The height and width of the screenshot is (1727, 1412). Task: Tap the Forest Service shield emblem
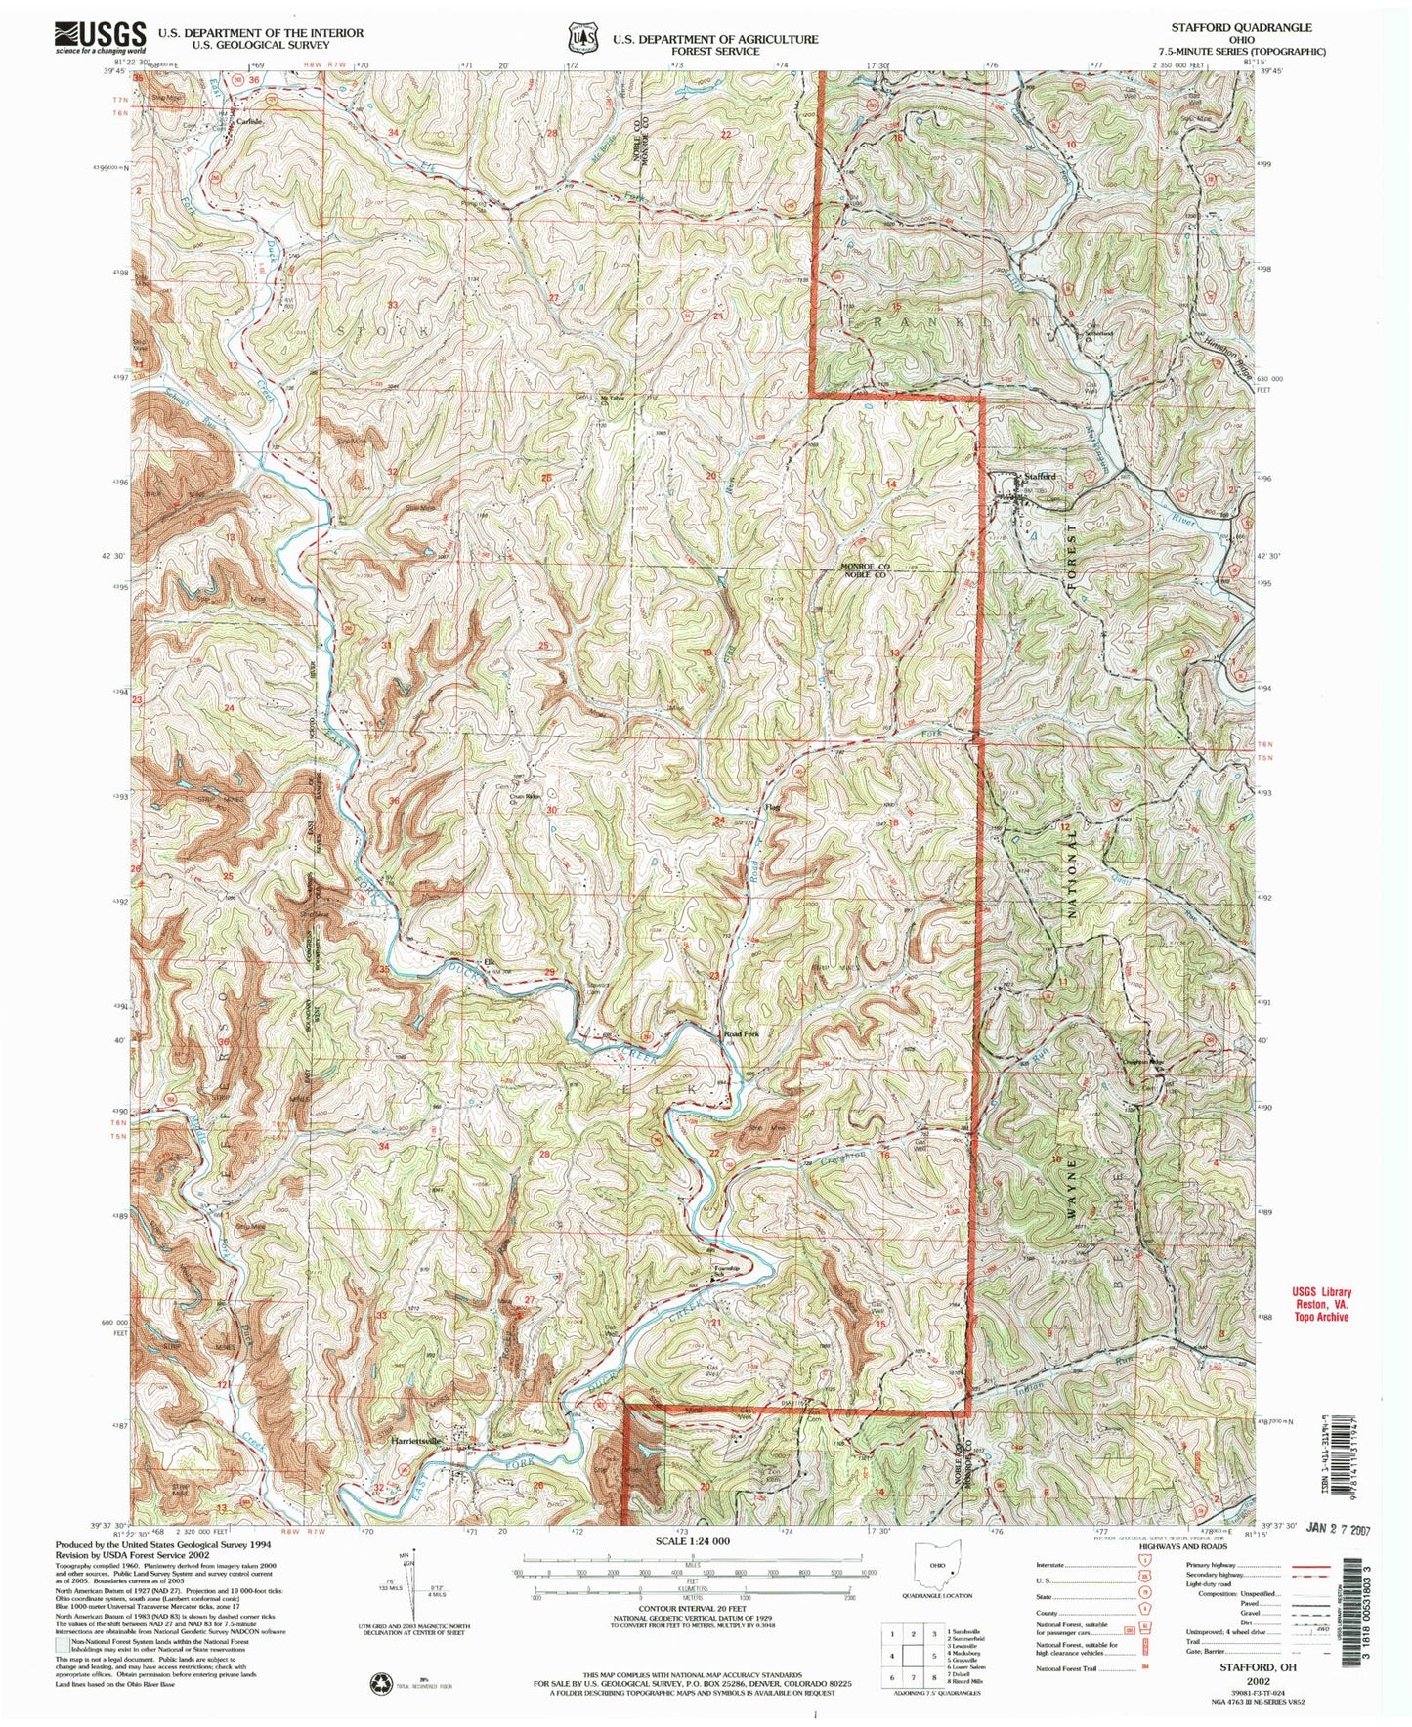(x=583, y=40)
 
